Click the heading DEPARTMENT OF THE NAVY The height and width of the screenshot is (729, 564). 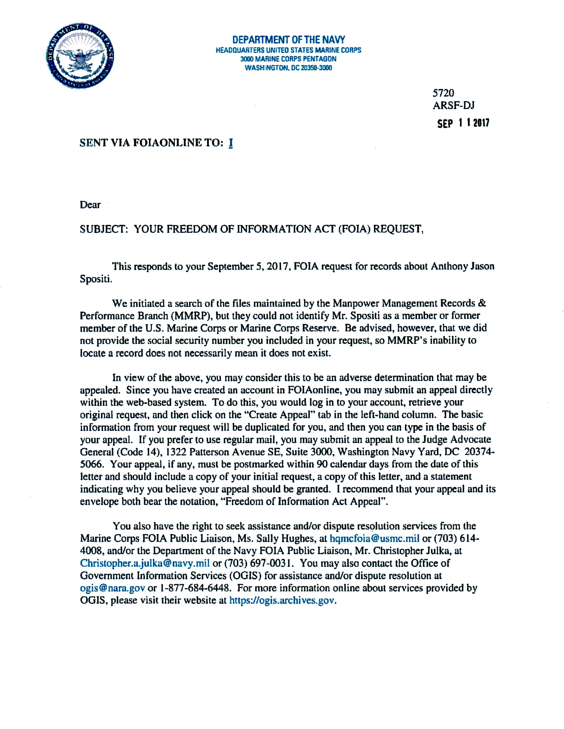click(x=288, y=40)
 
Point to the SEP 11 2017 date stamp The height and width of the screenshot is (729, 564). click(x=463, y=123)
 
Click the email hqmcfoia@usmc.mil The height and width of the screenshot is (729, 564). click(x=374, y=538)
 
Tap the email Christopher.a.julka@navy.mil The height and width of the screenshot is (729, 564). click(x=145, y=563)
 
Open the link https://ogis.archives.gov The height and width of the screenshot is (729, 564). click(x=282, y=600)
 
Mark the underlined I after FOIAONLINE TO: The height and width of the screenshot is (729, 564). click(x=230, y=143)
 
